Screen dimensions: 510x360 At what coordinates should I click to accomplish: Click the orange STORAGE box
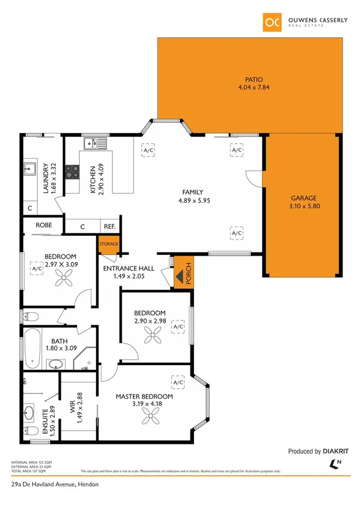[109, 244]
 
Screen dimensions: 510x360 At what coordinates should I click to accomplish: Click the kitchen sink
[94, 143]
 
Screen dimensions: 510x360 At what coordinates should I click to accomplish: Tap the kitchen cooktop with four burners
[72, 172]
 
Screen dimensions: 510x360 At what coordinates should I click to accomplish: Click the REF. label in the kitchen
[109, 226]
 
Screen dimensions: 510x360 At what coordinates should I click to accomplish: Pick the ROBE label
[44, 226]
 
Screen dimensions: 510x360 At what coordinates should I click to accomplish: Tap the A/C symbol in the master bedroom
[178, 382]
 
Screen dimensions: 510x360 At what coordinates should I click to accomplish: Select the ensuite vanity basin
[30, 413]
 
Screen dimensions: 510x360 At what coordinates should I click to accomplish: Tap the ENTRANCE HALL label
[129, 268]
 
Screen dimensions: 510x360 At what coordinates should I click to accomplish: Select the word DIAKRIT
[336, 450]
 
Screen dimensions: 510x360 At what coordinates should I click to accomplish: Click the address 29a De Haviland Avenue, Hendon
[54, 485]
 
